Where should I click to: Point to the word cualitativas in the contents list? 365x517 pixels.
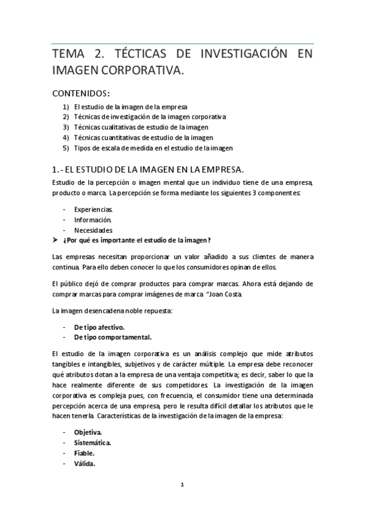tap(122, 127)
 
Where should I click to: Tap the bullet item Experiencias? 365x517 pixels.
tap(93, 209)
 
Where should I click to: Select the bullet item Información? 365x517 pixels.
tap(93, 219)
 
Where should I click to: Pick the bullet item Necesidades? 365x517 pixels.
tap(93, 230)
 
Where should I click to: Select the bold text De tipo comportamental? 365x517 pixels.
tap(113, 337)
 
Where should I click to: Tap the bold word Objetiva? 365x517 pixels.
tap(88, 432)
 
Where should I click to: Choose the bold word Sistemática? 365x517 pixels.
tap(92, 442)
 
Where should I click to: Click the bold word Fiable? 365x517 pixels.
tap(85, 452)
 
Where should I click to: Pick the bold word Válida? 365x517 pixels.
tap(84, 463)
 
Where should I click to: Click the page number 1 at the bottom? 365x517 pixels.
tap(182, 485)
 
